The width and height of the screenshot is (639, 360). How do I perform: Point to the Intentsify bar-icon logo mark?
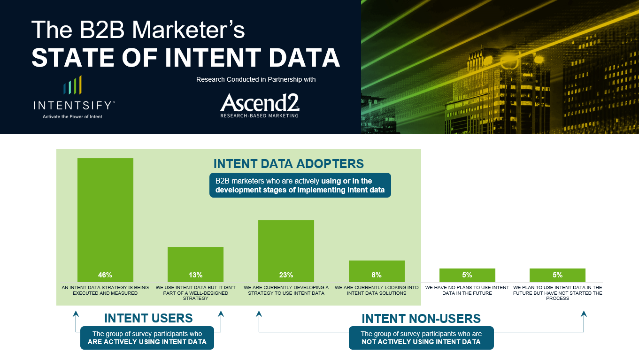pyautogui.click(x=72, y=85)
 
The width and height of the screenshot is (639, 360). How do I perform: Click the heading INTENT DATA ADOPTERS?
pyautogui.click(x=288, y=164)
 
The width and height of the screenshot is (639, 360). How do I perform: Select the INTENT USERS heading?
pyautogui.click(x=148, y=318)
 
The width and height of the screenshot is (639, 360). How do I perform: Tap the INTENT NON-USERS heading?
pyautogui.click(x=421, y=319)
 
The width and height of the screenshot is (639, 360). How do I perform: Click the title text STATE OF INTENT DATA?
pyautogui.click(x=185, y=58)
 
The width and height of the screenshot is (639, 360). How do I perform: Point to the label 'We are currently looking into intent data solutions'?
pyautogui.click(x=377, y=290)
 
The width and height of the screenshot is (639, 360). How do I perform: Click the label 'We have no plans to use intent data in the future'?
pyautogui.click(x=467, y=290)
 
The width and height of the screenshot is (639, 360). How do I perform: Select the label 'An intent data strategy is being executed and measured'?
pyautogui.click(x=105, y=290)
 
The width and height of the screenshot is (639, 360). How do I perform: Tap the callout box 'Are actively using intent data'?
pyautogui.click(x=147, y=338)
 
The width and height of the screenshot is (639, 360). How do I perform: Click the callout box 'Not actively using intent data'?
pyautogui.click(x=421, y=338)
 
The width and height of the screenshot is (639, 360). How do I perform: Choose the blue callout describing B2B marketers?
pyautogui.click(x=300, y=185)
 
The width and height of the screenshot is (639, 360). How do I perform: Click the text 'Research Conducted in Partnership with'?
pyautogui.click(x=256, y=80)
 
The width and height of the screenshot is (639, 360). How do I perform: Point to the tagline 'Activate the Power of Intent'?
pyautogui.click(x=72, y=116)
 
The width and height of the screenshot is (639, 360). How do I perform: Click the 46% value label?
pyautogui.click(x=105, y=275)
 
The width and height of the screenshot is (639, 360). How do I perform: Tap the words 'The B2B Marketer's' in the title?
pyautogui.click(x=138, y=30)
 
